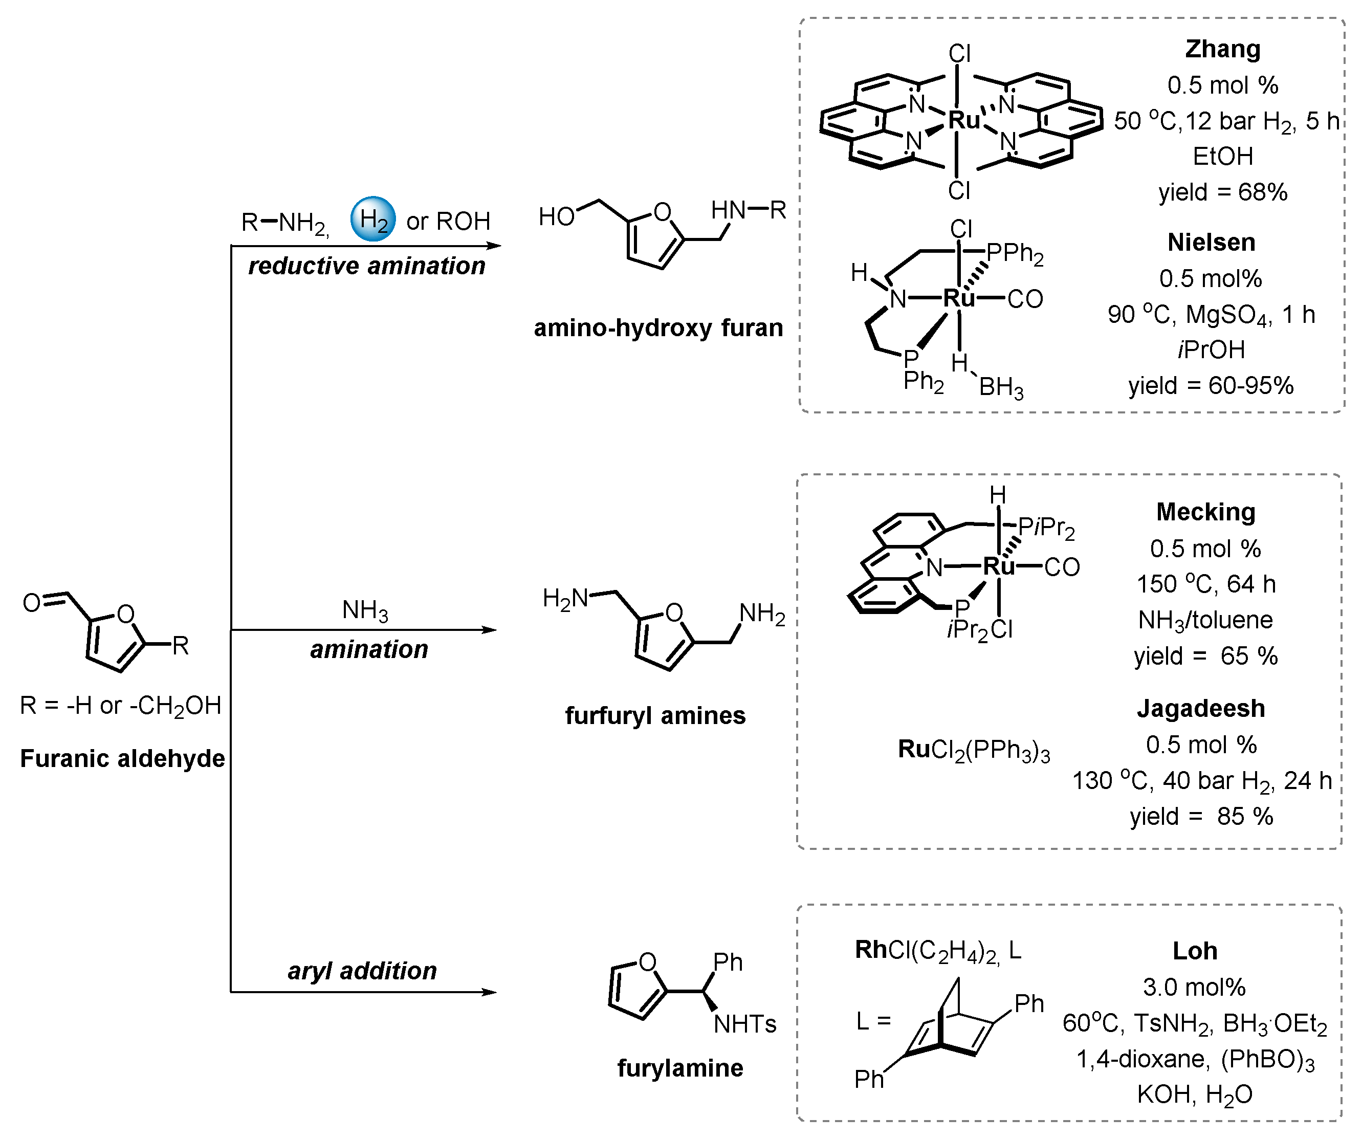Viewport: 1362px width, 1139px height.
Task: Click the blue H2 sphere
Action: point(373,219)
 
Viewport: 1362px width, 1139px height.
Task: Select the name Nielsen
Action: point(1211,243)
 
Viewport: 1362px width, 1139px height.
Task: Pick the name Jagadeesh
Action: point(1200,708)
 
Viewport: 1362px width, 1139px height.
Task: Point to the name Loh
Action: point(1195,951)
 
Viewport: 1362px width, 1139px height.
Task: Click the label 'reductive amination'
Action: point(366,266)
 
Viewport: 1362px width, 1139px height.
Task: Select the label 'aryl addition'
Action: point(362,971)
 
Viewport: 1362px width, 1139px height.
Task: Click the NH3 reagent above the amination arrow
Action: point(365,610)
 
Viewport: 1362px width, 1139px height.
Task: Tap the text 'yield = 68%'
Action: point(1222,192)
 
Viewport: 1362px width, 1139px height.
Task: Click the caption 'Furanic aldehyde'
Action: point(123,758)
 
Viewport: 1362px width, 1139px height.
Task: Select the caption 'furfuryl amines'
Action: point(655,715)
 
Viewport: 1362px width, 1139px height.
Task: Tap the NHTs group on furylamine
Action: point(744,1024)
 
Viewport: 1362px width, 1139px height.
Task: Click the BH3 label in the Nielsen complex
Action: point(1001,387)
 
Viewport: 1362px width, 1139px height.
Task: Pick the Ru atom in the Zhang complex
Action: point(963,120)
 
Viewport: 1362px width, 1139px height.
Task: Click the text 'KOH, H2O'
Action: point(1194,1096)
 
